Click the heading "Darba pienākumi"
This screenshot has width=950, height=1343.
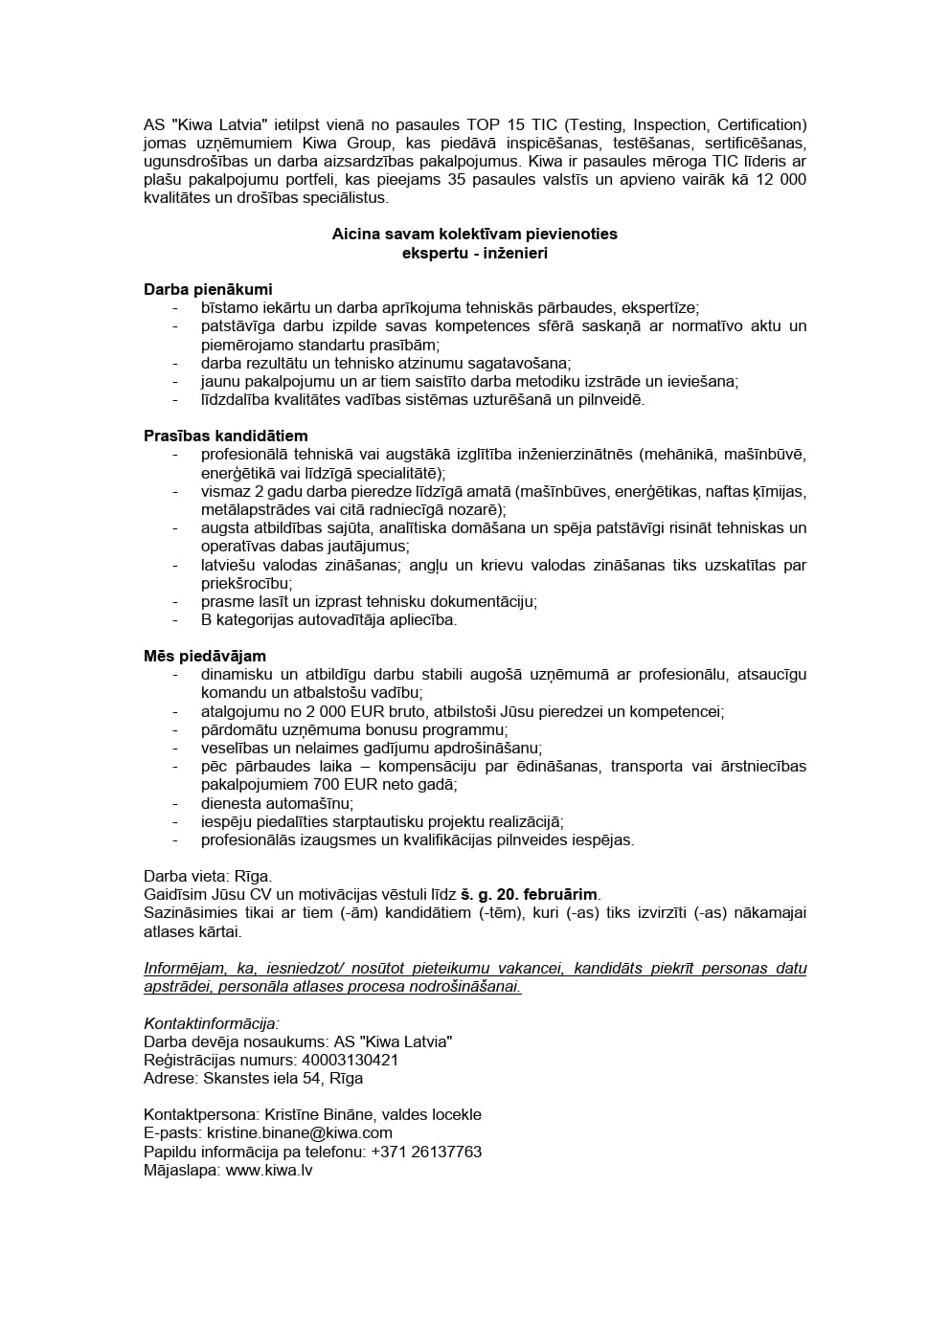click(208, 289)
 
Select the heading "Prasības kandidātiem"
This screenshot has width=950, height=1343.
click(226, 436)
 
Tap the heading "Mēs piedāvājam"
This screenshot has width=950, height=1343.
click(205, 656)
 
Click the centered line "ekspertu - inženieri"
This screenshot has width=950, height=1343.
click(475, 254)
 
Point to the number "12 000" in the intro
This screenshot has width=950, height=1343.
click(780, 180)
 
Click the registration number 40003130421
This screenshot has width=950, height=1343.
click(350, 1060)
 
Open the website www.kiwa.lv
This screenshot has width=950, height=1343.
click(269, 1170)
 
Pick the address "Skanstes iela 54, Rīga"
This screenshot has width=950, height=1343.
click(283, 1078)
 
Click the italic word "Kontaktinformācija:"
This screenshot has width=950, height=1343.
click(212, 1023)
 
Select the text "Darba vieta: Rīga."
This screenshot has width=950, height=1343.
click(208, 876)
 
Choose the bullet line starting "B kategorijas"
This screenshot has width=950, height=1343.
click(328, 619)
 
